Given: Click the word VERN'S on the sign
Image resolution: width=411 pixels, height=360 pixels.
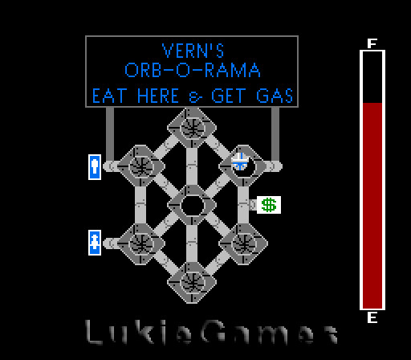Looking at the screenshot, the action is coord(193,51).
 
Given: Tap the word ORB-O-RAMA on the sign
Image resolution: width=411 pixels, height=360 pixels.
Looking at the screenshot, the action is coord(193,70).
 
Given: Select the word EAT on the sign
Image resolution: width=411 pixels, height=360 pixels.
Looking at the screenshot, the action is coord(108,96).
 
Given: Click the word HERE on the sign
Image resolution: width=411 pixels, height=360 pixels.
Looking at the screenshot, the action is coord(158,96).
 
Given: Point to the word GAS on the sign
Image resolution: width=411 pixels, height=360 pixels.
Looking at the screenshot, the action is coord(275,96).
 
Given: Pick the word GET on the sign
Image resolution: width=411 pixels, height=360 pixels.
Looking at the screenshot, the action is coord(228,96).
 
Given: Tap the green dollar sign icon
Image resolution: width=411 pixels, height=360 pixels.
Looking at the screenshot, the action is coord(269,205).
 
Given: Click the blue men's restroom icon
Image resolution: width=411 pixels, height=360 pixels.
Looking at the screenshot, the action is coord(95,167).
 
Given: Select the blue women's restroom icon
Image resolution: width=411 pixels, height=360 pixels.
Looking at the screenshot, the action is coord(95,243).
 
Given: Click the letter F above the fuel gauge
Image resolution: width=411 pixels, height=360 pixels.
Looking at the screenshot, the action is coord(372,43).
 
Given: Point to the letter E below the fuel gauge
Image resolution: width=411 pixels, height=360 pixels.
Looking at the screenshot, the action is coord(372,317).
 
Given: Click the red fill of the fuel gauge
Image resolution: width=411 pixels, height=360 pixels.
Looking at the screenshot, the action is coord(372,206).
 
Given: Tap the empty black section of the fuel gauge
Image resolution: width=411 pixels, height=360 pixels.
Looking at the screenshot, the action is coord(372,77).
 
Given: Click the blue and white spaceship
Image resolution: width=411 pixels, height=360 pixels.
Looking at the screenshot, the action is coord(240,162).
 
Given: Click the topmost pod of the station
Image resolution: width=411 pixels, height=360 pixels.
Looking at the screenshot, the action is coord(192,128).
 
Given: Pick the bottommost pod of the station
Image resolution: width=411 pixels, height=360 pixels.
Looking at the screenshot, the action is coord(192,282).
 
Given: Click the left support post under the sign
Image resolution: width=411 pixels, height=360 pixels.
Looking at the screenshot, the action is coord(110,134).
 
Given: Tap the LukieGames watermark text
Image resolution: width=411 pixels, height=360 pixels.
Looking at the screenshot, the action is coord(211,332).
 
